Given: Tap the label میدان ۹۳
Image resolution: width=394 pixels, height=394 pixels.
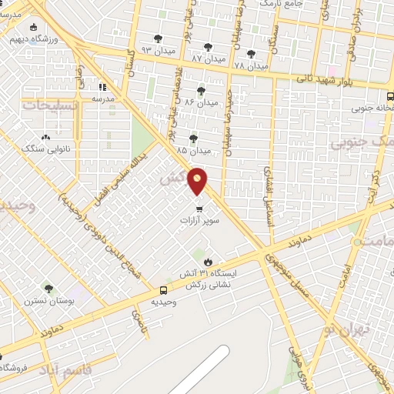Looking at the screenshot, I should click(159, 52).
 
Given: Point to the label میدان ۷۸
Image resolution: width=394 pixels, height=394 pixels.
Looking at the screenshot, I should click(251, 66).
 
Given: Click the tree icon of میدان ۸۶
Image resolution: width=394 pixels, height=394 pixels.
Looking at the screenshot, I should click(202, 90).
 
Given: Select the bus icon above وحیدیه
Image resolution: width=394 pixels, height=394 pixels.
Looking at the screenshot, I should click(163, 290).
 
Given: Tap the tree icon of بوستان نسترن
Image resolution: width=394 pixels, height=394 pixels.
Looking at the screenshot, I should click(48, 289).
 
